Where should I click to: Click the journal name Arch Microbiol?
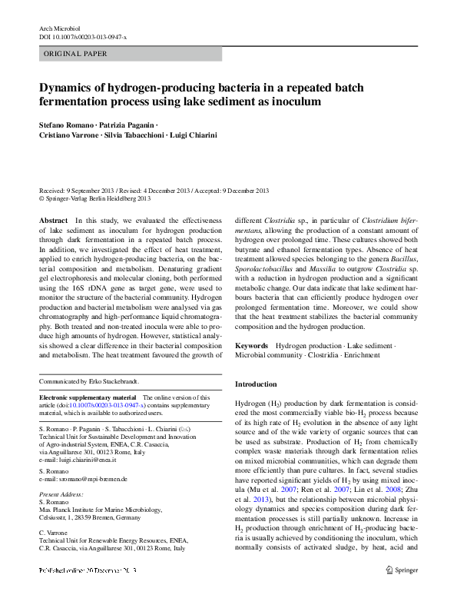60,28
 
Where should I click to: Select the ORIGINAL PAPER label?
75,54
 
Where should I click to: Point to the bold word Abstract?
53,220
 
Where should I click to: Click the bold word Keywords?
252,346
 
